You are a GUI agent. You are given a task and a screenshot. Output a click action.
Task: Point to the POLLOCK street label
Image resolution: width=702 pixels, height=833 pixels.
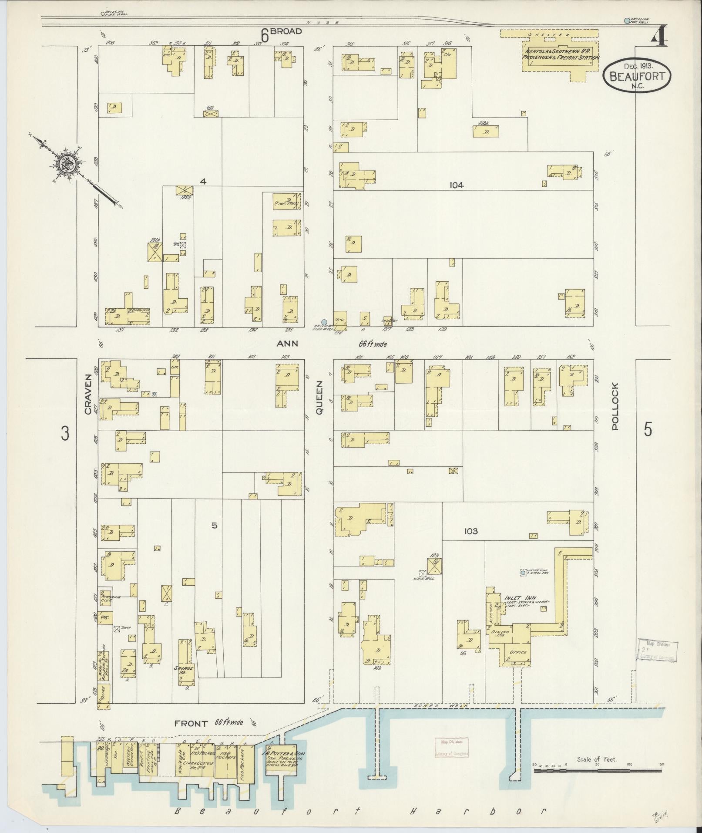click(x=615, y=407)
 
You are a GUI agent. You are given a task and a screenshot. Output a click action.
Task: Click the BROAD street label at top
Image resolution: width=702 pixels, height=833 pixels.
click(x=287, y=32)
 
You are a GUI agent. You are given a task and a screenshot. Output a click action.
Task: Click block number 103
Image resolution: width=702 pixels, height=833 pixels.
click(x=471, y=531)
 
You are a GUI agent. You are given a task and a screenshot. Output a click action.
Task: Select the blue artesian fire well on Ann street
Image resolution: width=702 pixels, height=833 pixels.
click(x=324, y=322)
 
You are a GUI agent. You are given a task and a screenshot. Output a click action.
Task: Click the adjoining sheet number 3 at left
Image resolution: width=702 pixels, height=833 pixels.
click(x=65, y=434)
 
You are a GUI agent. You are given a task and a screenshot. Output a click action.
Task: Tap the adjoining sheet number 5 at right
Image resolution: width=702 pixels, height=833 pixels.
click(x=648, y=430)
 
